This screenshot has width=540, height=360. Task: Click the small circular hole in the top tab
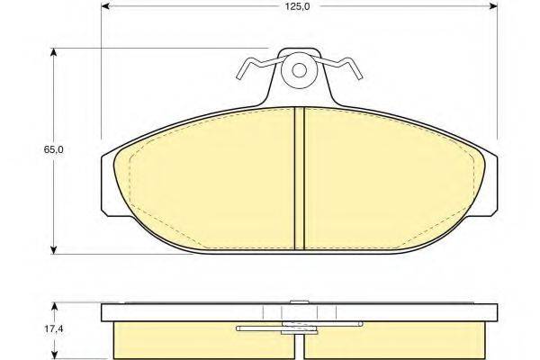tap(299, 72)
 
